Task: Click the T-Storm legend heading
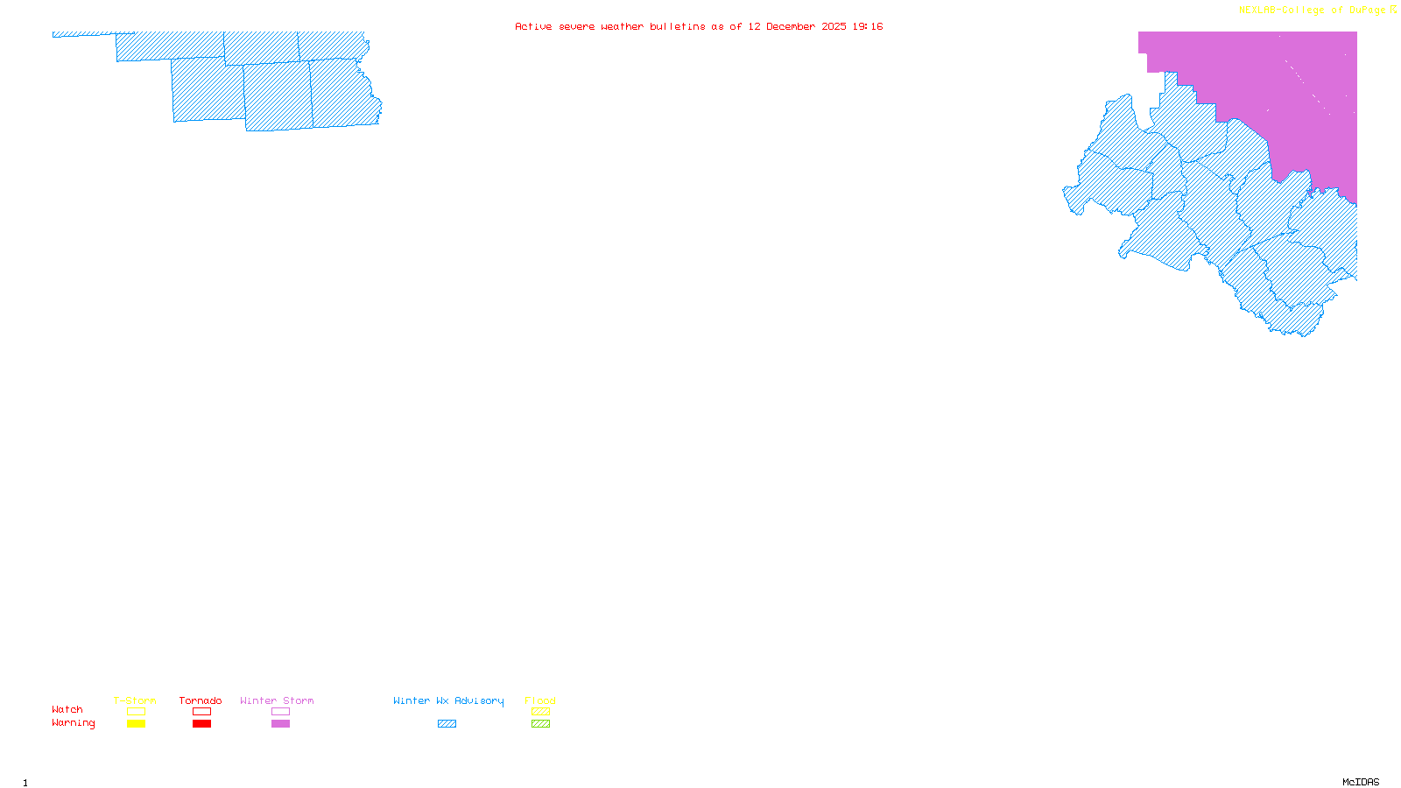135,700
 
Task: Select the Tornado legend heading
201,700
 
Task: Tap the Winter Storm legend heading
277,700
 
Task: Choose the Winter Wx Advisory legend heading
448,700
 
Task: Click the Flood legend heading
540,700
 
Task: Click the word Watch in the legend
67,709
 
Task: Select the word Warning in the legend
74,723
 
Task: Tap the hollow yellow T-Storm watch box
136,712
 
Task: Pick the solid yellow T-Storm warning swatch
136,724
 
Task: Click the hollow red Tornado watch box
201,712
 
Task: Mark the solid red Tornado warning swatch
201,724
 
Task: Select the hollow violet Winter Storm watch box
280,712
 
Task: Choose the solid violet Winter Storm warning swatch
280,724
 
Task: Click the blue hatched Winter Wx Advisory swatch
447,724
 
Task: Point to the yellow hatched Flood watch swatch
540,712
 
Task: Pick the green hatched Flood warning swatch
540,724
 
